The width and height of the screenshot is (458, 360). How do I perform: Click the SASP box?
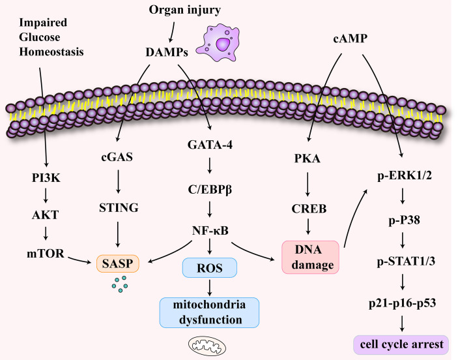[x=118, y=263]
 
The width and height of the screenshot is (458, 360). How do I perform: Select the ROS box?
[x=209, y=267]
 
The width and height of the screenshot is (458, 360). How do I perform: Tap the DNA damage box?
[x=310, y=257]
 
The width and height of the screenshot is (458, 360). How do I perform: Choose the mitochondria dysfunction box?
[x=209, y=312]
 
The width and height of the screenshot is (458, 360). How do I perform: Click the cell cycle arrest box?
[x=401, y=344]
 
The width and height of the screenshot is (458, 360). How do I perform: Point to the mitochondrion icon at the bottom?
[x=207, y=345]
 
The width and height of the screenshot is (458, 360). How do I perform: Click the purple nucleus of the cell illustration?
[x=223, y=44]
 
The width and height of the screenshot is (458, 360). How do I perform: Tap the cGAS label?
[x=117, y=157]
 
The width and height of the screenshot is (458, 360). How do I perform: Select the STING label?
[x=119, y=207]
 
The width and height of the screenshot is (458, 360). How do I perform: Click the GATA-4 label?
[x=210, y=145]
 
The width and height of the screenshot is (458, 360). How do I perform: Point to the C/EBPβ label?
[x=210, y=190]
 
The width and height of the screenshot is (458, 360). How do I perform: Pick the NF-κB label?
[x=210, y=231]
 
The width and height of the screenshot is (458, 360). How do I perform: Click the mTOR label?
[x=45, y=254]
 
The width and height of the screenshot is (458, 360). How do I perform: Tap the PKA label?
[x=307, y=158]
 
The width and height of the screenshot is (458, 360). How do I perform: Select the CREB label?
[x=309, y=209]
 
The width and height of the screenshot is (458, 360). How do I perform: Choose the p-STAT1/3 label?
[x=406, y=262]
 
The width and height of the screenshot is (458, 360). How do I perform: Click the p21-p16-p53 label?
[x=402, y=303]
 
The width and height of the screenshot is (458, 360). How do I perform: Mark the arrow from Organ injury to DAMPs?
[x=173, y=32]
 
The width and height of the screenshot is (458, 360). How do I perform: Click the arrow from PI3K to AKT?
[x=46, y=196]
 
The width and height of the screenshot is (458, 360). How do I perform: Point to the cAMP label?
[x=350, y=38]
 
